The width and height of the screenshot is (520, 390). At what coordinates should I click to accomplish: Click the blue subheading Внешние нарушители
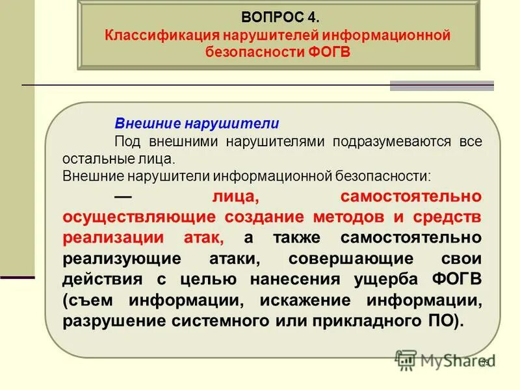click(x=197, y=123)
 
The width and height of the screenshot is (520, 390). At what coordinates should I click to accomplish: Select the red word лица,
click(x=236, y=196)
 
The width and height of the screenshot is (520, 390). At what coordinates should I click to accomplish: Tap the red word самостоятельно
click(x=411, y=196)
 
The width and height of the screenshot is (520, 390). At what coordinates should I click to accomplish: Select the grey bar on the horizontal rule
click(x=441, y=86)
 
